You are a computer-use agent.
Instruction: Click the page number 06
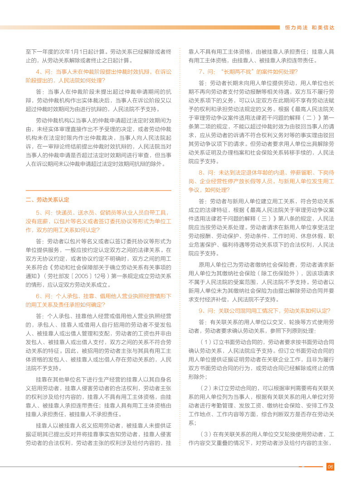(x=330, y=467)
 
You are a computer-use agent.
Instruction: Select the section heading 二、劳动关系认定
(x=48, y=200)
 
